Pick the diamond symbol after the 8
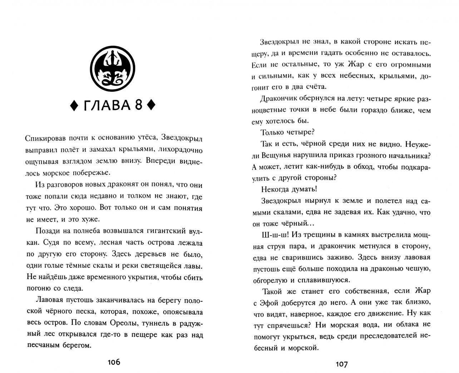click(x=151, y=106)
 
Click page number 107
click(x=341, y=364)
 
